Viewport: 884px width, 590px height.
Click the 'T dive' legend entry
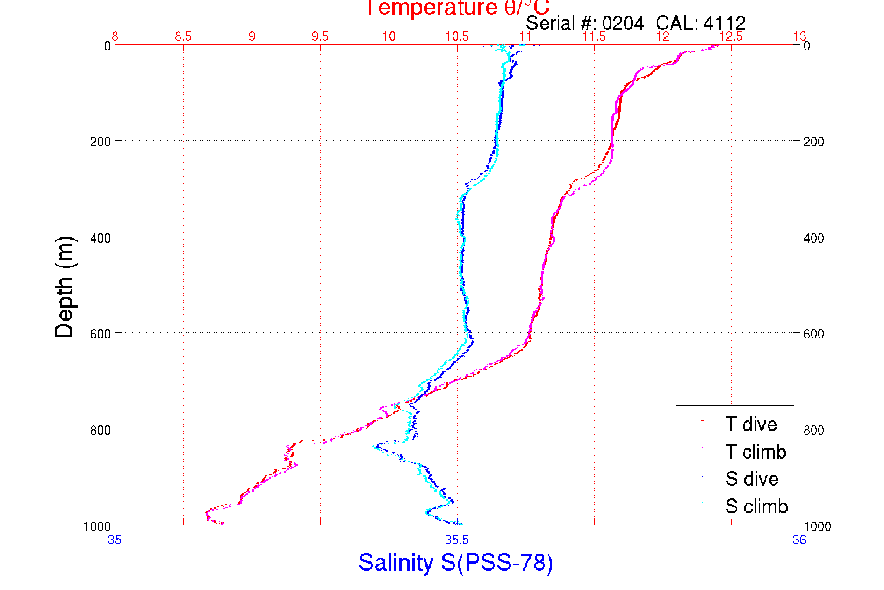click(751, 424)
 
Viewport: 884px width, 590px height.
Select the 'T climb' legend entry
click(755, 452)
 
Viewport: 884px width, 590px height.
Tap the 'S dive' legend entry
click(752, 479)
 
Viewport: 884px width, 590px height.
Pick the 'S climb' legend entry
click(756, 506)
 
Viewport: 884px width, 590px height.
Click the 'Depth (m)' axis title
click(65, 287)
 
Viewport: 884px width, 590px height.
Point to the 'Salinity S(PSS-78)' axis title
click(456, 562)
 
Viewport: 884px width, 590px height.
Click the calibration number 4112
click(724, 23)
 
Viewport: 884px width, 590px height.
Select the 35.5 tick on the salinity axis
click(457, 540)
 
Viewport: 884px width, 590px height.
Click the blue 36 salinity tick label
click(799, 540)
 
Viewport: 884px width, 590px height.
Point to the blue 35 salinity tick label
click(115, 540)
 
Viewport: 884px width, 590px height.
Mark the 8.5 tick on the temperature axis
click(183, 36)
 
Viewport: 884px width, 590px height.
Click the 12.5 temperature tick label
click(731, 36)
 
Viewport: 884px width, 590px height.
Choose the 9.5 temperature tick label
click(320, 36)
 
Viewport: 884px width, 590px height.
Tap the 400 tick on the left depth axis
click(100, 238)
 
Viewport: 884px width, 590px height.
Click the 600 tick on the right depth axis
click(813, 334)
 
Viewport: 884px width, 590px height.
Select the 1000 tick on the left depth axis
click(97, 526)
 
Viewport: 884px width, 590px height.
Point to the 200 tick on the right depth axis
click(813, 142)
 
